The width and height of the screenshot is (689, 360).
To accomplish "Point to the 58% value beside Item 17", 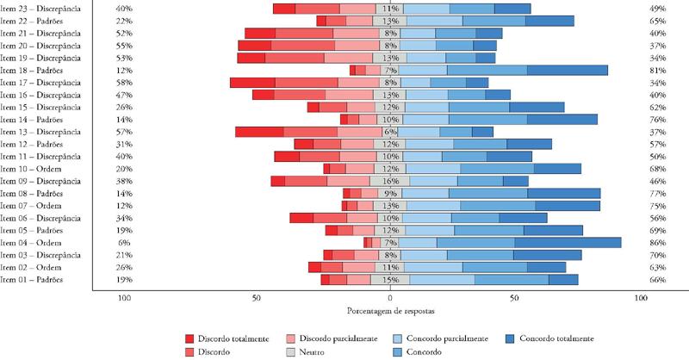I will pos(123,83).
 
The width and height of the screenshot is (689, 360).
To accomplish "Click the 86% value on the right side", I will pos(640,243).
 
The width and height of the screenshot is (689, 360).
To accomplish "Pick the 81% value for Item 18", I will pos(640,70).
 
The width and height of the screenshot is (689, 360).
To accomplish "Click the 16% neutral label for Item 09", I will pos(391,181).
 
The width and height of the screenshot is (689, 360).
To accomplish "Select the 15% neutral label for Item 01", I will pos(391,280).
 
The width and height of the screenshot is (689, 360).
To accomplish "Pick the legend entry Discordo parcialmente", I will pos(335,338).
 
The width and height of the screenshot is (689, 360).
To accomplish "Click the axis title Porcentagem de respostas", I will pos(384,309).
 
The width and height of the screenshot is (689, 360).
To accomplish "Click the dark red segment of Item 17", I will pos(252,83).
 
